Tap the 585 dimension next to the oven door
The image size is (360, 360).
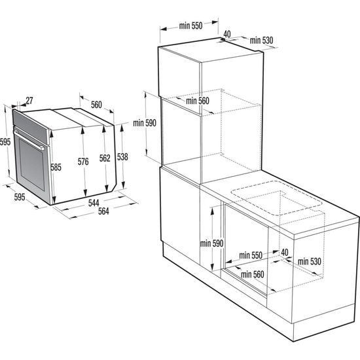tap(56, 168)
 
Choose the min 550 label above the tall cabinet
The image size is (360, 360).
tap(190, 26)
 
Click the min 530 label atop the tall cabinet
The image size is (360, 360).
tap(261, 41)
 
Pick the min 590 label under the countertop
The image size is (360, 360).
tap(212, 243)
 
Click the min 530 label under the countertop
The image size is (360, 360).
tap(312, 262)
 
